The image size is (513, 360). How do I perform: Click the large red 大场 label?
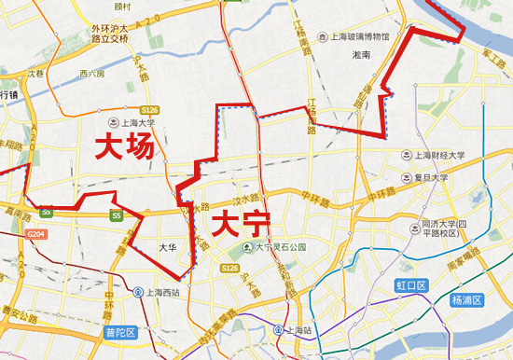[x=123, y=147]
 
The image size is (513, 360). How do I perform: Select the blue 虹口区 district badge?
[x=410, y=285]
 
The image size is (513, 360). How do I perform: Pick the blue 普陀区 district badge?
[x=119, y=332]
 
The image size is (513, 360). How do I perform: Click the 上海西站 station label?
[x=162, y=291]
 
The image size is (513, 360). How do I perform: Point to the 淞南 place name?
[x=361, y=56]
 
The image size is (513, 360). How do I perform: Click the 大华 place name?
[x=167, y=246]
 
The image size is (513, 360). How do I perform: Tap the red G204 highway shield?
[x=36, y=233]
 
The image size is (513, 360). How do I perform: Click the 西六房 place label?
[x=91, y=73]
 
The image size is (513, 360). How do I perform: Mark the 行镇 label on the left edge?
[x=9, y=95]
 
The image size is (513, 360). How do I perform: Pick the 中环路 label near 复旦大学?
[x=376, y=199]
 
